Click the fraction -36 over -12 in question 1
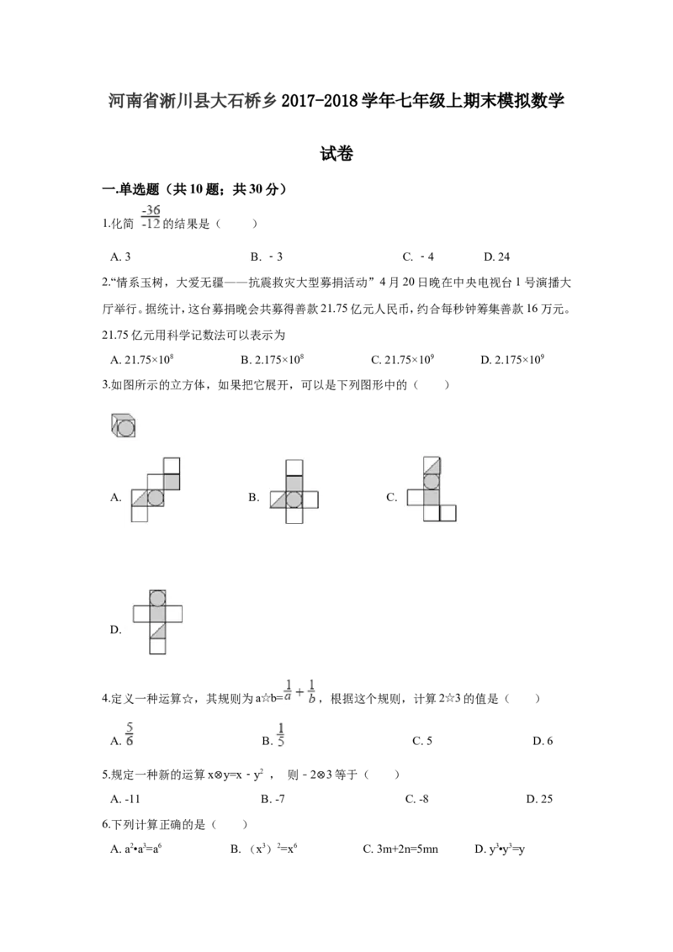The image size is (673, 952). click(151, 217)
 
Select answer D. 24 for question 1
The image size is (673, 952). click(496, 257)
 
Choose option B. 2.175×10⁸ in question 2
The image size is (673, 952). click(272, 360)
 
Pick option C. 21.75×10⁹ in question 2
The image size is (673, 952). click(402, 360)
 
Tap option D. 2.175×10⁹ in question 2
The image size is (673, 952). click(512, 360)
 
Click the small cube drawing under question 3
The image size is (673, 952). click(124, 425)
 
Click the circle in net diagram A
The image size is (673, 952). click(156, 498)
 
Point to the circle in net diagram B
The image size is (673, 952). click(294, 499)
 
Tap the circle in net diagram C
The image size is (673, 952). click(432, 481)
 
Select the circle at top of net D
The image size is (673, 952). click(157, 598)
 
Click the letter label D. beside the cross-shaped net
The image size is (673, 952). click(116, 630)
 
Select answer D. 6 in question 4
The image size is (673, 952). click(543, 741)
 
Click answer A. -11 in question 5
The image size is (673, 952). click(125, 799)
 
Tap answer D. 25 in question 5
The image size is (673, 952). click(539, 799)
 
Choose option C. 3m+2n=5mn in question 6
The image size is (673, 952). click(400, 849)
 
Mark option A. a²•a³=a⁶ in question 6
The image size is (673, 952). click(135, 849)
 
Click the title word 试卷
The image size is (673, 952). click(336, 154)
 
